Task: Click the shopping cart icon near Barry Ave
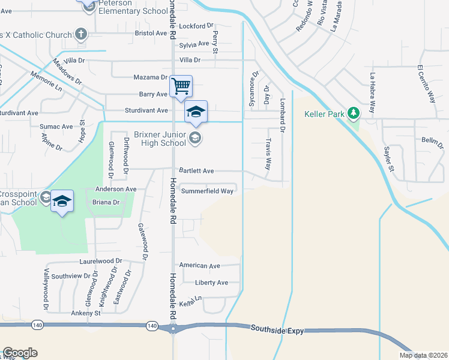(181, 86)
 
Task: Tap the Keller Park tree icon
(354, 112)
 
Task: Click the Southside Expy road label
(277, 329)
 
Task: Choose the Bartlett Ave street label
(196, 171)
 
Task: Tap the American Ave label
(200, 265)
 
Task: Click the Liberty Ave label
(211, 283)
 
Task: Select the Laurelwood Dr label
(100, 262)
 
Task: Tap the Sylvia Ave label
(194, 44)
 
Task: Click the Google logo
(20, 353)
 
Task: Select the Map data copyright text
(424, 355)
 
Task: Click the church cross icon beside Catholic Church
(82, 34)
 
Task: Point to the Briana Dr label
(106, 203)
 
